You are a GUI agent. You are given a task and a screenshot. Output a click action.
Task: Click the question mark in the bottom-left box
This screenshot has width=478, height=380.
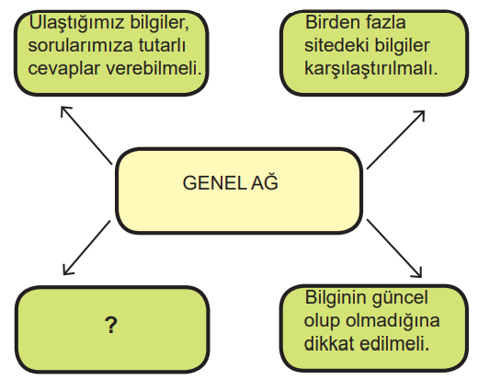pyautogui.click(x=111, y=325)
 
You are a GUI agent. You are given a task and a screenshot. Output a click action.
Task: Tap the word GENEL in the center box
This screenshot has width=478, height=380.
pyautogui.click(x=214, y=183)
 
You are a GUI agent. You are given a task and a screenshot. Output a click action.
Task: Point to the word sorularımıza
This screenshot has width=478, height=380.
pyautogui.click(x=80, y=45)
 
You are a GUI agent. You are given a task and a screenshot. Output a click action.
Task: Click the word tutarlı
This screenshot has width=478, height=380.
pyautogui.click(x=162, y=45)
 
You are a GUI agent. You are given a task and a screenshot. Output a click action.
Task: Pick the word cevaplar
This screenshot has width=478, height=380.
pyautogui.click(x=64, y=69)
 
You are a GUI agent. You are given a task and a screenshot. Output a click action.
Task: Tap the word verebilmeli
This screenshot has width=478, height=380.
pyautogui.click(x=154, y=67)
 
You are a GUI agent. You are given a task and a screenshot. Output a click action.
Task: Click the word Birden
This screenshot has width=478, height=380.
pyautogui.click(x=333, y=22)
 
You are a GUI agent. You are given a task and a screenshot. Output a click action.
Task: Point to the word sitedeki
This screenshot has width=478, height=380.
pyautogui.click(x=336, y=45)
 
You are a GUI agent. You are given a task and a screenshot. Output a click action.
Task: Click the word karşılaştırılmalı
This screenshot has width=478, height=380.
pyautogui.click(x=370, y=69)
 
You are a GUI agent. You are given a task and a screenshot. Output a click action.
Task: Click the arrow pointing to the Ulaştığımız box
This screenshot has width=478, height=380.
pyautogui.click(x=86, y=135)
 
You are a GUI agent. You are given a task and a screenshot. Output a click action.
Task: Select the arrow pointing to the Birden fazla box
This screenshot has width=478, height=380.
pyautogui.click(x=395, y=140)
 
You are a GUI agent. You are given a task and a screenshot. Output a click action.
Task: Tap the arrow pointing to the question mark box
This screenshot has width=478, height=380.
pyautogui.click(x=86, y=248)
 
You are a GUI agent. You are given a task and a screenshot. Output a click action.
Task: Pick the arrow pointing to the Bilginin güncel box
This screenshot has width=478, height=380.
pyautogui.click(x=394, y=248)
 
